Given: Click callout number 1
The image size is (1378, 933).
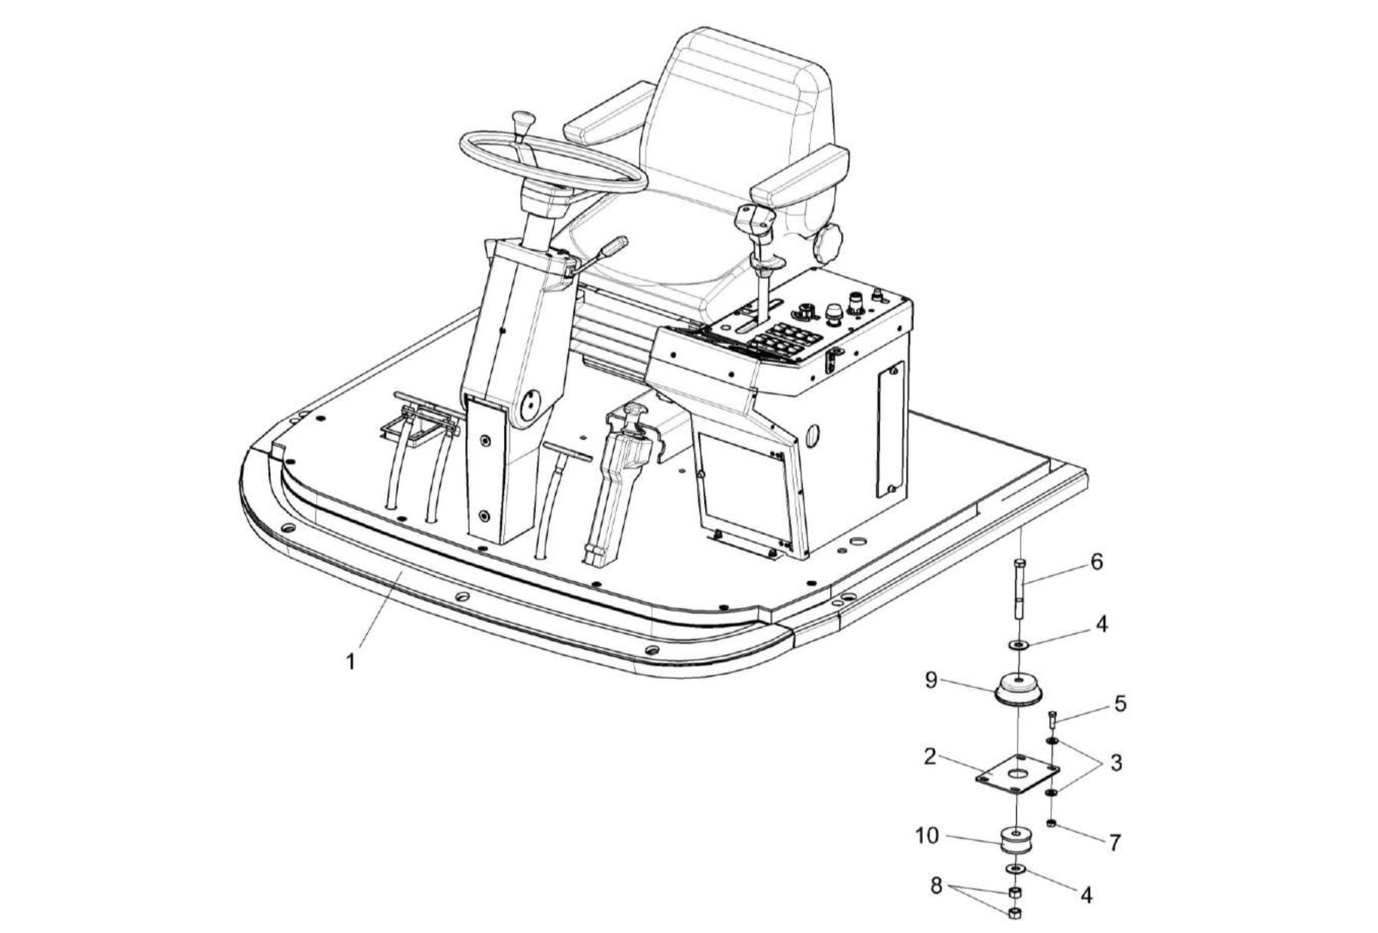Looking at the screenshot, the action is click(x=351, y=661).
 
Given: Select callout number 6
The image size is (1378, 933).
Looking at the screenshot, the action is click(x=1096, y=561).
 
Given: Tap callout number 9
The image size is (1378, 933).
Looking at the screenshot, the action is click(x=931, y=680).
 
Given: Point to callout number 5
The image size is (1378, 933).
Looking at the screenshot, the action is click(x=1120, y=703).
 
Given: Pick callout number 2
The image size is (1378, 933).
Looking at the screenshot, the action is click(x=930, y=756).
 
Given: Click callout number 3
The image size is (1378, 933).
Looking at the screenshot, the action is click(x=1116, y=762).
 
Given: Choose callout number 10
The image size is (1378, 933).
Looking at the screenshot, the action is click(x=927, y=836).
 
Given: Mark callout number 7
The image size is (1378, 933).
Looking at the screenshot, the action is click(x=1115, y=842).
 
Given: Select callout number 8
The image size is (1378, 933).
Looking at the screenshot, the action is click(x=936, y=885).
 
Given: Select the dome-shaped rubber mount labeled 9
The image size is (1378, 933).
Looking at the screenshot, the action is click(x=1017, y=690).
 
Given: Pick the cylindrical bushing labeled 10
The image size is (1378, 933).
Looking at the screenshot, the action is click(x=1016, y=842).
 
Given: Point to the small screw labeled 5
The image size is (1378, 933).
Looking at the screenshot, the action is click(x=1052, y=718).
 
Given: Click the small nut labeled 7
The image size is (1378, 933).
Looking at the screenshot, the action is click(x=1051, y=823).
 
